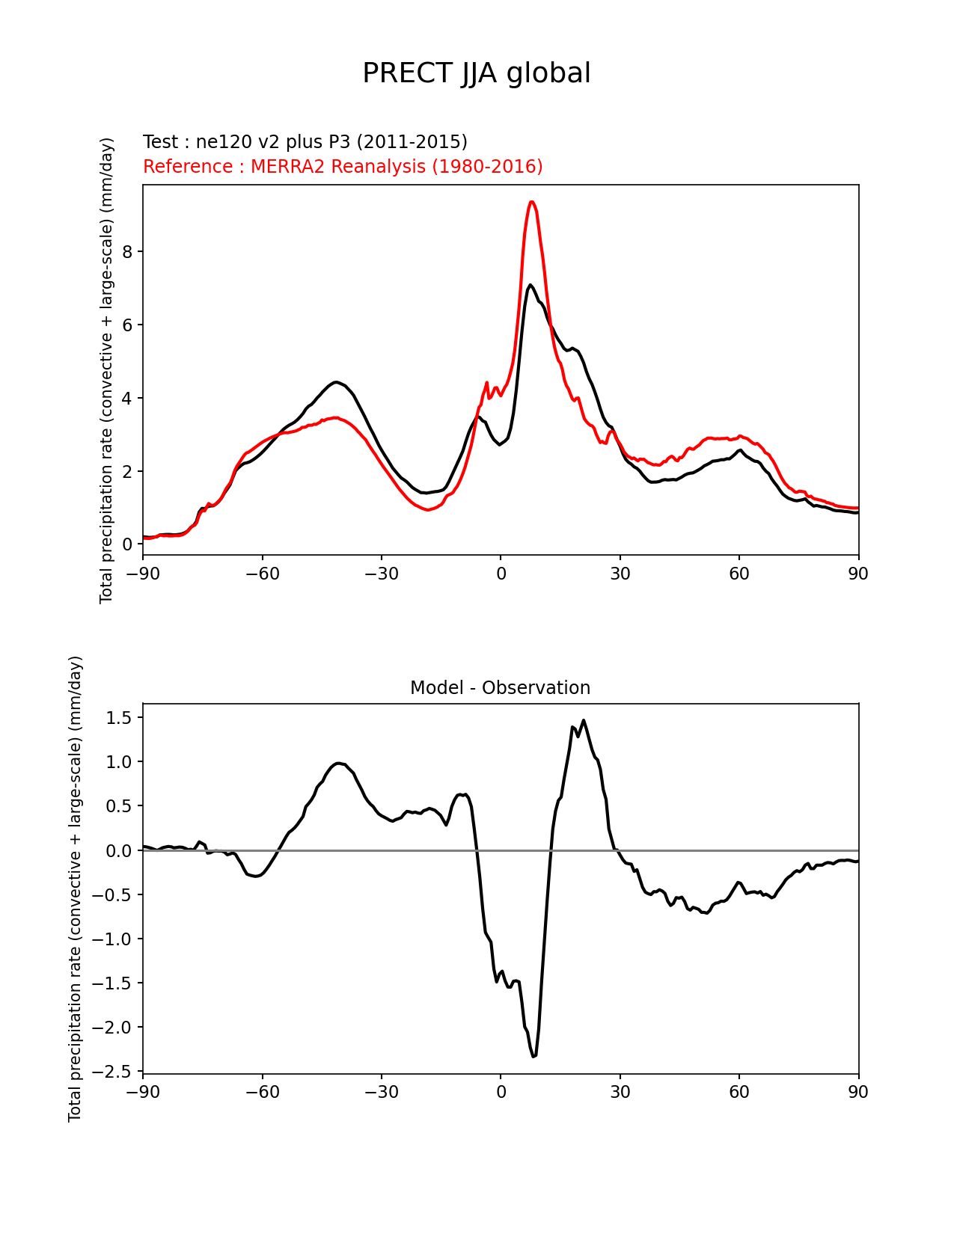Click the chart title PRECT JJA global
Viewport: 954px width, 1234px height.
tap(477, 73)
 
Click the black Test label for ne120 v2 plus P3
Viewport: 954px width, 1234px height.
tap(305, 142)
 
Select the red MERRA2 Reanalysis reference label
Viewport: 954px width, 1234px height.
tap(343, 166)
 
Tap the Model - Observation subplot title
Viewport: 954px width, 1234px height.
tap(500, 688)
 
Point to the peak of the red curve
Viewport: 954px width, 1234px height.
tap(531, 202)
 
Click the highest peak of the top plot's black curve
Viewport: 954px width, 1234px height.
tap(530, 285)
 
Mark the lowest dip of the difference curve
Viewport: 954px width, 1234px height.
tap(534, 1056)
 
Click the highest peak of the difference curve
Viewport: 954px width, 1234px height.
tap(584, 721)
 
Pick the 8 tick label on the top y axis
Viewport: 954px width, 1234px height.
tap(127, 252)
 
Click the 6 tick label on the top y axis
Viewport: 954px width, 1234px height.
tap(127, 325)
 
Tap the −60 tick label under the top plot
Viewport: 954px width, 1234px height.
tap(262, 574)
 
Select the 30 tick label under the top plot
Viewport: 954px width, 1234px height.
tap(620, 574)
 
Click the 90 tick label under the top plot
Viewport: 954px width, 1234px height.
tap(858, 574)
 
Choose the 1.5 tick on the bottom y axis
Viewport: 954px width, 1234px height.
tap(120, 718)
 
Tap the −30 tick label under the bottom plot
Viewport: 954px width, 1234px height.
tap(381, 1093)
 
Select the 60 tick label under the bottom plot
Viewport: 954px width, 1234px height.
tap(739, 1093)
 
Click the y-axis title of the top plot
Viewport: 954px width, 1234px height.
tap(107, 370)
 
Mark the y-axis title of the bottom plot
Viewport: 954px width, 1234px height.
tap(76, 888)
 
